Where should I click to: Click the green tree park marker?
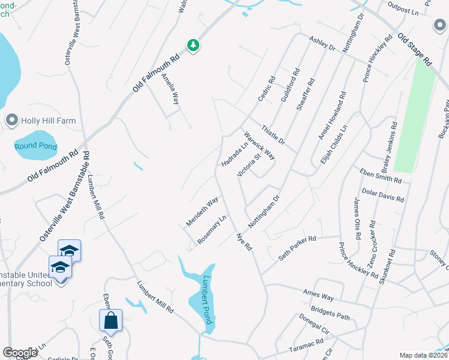coord(193,46)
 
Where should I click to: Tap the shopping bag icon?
coord(111,320)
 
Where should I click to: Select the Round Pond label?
coord(35,146)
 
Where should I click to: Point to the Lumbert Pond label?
coord(208,300)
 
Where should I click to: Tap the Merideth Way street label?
coord(202,211)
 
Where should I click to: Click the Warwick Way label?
coord(259,146)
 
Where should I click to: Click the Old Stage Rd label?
coord(414,49)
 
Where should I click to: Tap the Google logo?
coord(20,353)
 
